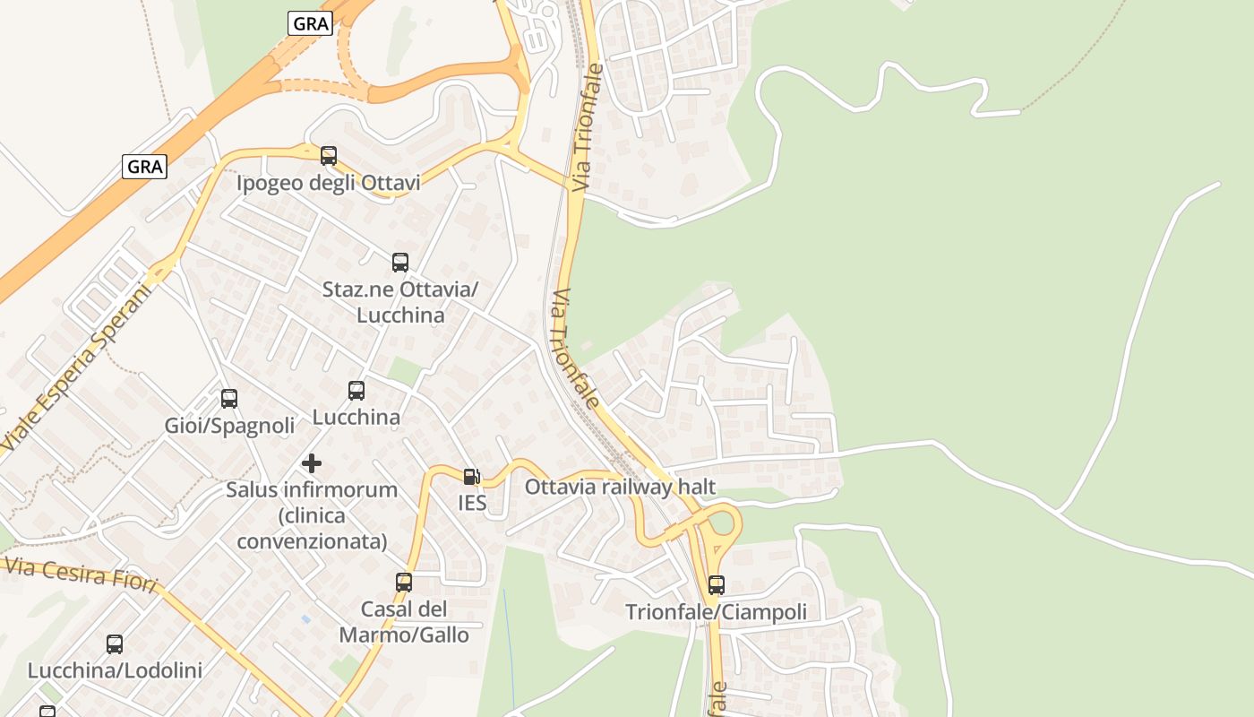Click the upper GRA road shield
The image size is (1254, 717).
click(311, 23)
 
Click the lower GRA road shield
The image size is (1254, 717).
click(145, 166)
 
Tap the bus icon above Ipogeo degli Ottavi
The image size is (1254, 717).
click(329, 156)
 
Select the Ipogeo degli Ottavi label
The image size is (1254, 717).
click(328, 184)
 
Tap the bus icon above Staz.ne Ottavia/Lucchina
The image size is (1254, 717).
click(400, 263)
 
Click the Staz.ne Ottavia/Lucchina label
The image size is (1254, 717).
click(400, 302)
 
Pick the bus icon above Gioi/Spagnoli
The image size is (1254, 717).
click(229, 399)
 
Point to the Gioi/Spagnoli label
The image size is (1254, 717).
click(229, 426)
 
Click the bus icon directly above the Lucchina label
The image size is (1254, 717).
click(356, 391)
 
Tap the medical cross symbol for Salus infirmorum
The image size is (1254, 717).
click(312, 463)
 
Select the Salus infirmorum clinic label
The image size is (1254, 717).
click(312, 515)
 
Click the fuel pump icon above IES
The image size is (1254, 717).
click(472, 477)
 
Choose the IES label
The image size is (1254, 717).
click(472, 503)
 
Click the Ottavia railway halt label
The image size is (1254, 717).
click(620, 487)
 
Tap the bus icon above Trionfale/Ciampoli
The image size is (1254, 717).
click(717, 585)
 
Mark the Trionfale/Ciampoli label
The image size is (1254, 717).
click(716, 612)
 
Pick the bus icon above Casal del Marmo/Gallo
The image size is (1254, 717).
click(404, 583)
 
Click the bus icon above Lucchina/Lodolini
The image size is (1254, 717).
click(115, 644)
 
